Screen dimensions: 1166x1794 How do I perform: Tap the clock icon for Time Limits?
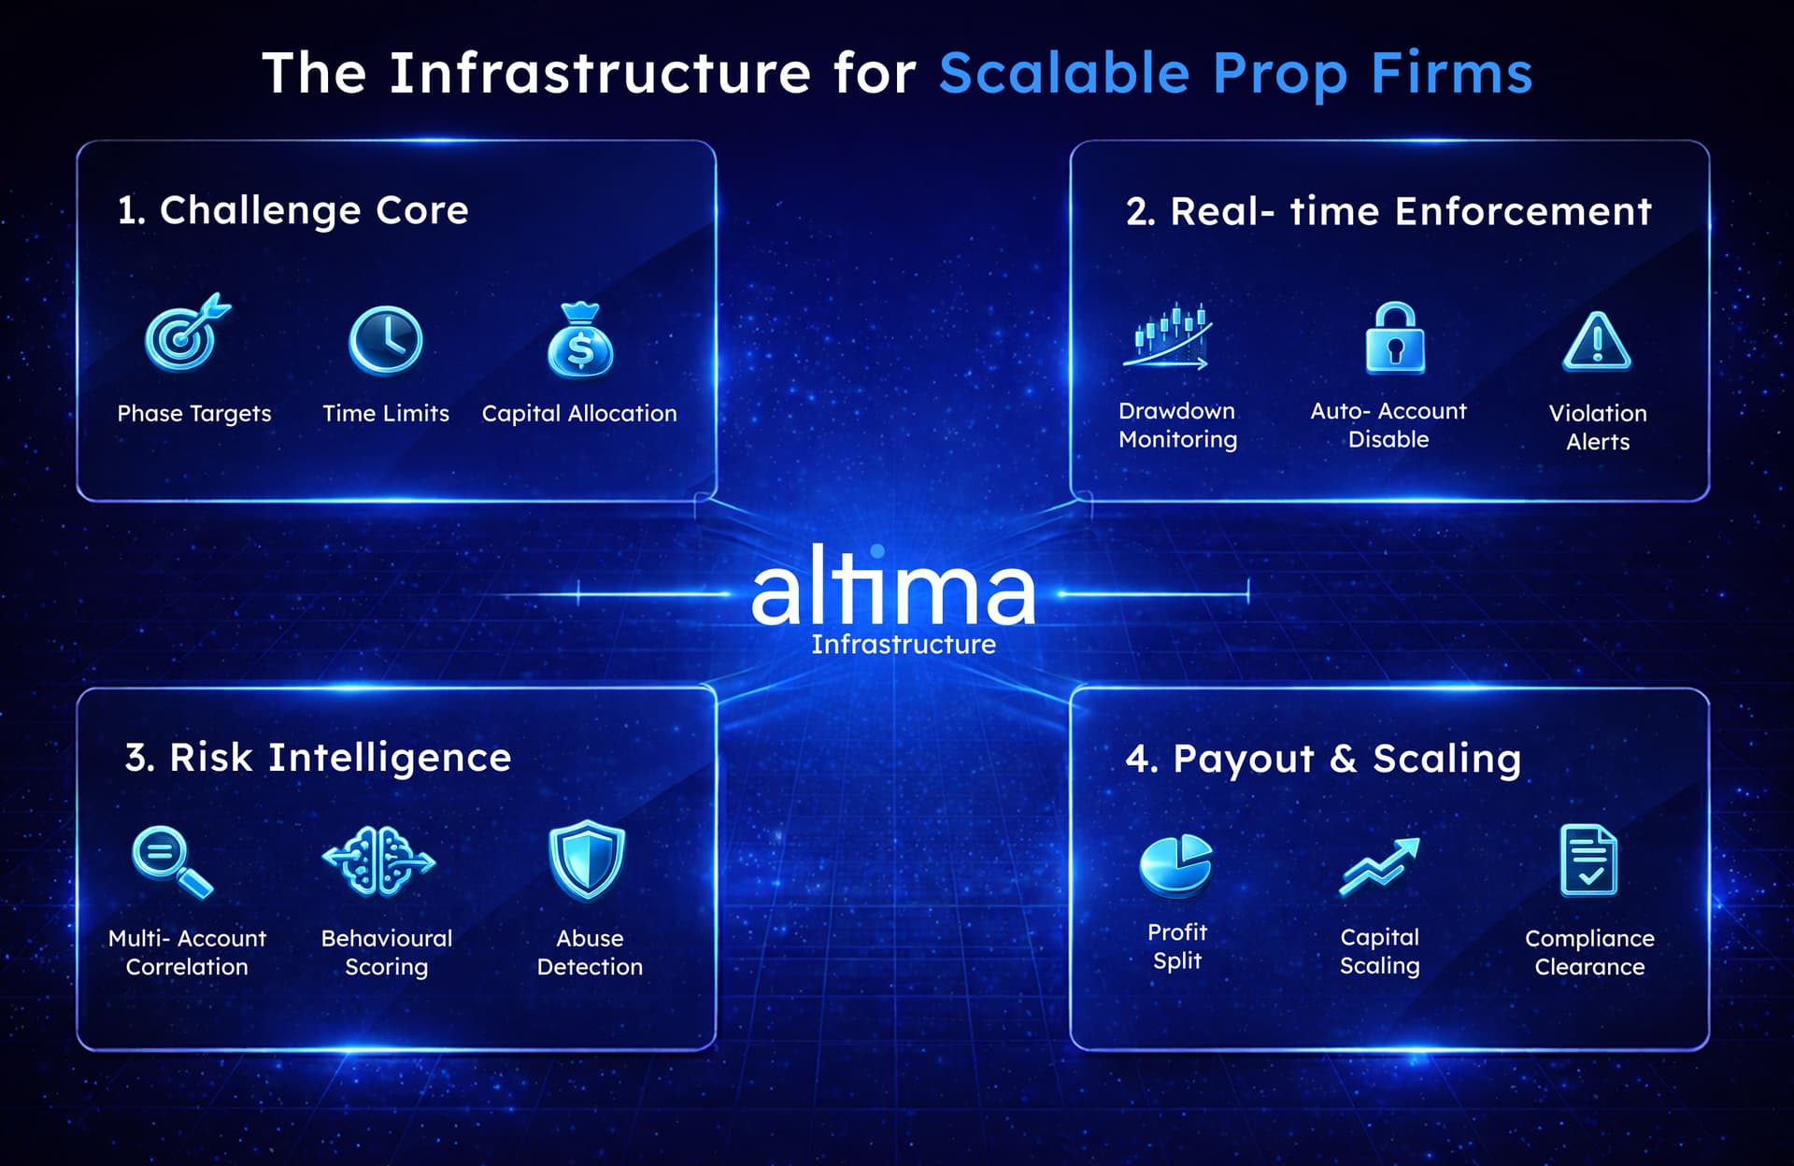(385, 340)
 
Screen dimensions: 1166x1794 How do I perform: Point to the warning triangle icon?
(1597, 342)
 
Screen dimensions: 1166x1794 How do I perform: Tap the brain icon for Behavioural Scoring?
(378, 860)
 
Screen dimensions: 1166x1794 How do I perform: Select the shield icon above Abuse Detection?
(587, 860)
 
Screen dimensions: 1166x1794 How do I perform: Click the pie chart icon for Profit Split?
(1175, 865)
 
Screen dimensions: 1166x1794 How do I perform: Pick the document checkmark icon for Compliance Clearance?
(1588, 860)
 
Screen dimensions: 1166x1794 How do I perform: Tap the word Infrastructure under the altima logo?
(903, 645)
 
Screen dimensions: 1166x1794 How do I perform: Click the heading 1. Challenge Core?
(292, 211)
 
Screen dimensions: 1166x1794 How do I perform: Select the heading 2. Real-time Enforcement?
(1388, 212)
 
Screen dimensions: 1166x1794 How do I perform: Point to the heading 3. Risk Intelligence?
(318, 758)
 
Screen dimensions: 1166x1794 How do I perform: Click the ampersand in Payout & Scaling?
(1343, 759)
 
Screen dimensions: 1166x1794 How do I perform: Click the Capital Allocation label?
(579, 413)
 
